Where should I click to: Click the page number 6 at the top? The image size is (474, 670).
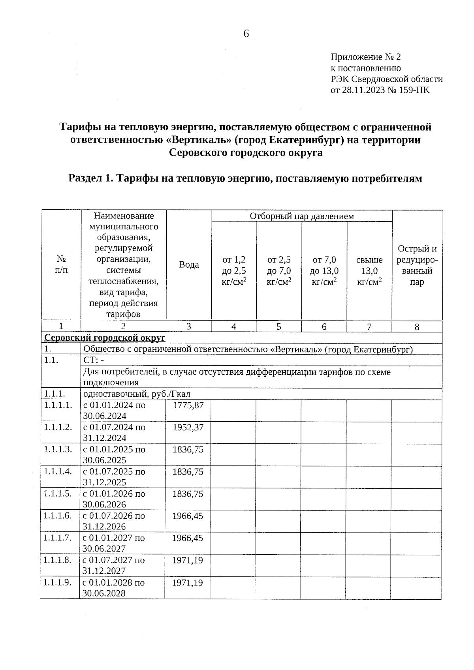pyautogui.click(x=246, y=34)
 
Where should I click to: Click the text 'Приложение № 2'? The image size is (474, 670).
pyautogui.click(x=365, y=57)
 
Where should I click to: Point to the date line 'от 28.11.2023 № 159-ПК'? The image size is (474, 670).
pyautogui.click(x=380, y=90)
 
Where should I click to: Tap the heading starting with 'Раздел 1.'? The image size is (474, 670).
pyautogui.click(x=245, y=178)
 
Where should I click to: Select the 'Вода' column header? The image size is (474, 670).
pyautogui.click(x=189, y=265)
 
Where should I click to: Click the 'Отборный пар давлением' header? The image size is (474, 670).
pyautogui.click(x=302, y=216)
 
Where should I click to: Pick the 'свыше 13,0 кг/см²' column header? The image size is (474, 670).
pyautogui.click(x=369, y=271)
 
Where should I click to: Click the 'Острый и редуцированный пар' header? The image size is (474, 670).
pyautogui.click(x=417, y=265)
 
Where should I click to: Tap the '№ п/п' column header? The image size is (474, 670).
pyautogui.click(x=61, y=265)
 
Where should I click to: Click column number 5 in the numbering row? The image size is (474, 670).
pyautogui.click(x=279, y=327)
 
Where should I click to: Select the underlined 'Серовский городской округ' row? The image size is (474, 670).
pyautogui.click(x=105, y=338)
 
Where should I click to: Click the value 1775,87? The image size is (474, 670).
pyautogui.click(x=188, y=405)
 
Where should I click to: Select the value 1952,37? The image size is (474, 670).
pyautogui.click(x=188, y=427)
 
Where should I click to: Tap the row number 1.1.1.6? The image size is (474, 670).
pyautogui.click(x=58, y=516)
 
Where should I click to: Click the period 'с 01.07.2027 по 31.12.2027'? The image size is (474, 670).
pyautogui.click(x=113, y=565)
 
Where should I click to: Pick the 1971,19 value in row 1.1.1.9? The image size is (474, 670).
pyautogui.click(x=188, y=582)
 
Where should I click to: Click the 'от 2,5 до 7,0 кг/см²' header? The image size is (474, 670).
pyautogui.click(x=279, y=271)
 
